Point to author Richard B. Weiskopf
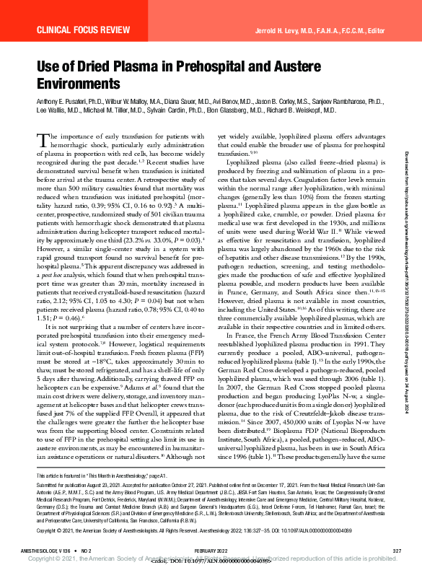pos(309,112)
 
